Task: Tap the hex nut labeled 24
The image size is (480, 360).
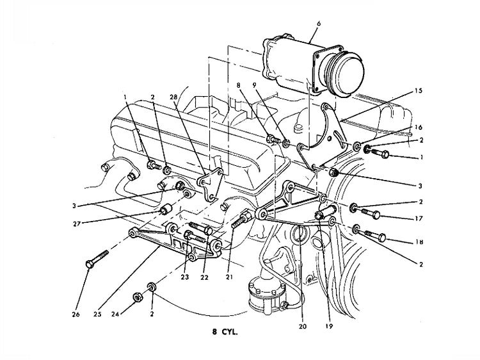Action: pos(136,297)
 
